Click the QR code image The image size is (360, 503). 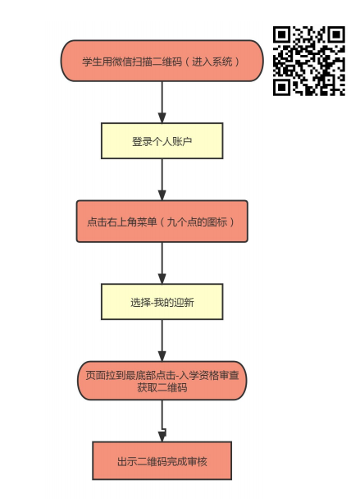coord(309,61)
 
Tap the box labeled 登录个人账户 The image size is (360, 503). coord(162,141)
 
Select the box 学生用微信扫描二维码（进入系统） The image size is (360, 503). coord(162,61)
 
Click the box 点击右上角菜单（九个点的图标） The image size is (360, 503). coord(162,222)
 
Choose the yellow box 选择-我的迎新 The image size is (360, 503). coord(162,302)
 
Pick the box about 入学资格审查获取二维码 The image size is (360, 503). coord(162,381)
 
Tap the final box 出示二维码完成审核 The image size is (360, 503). coord(162,460)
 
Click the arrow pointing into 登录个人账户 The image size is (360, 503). coord(162,102)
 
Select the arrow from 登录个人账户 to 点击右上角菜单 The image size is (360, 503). coord(162,180)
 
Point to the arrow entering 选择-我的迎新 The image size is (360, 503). coord(162,263)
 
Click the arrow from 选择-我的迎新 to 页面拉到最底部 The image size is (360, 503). coord(162,341)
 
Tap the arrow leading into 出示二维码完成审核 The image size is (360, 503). coord(162,421)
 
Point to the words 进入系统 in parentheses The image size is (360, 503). coord(212,62)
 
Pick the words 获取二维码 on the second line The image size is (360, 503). coord(162,388)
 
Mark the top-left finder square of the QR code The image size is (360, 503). coord(282,34)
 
